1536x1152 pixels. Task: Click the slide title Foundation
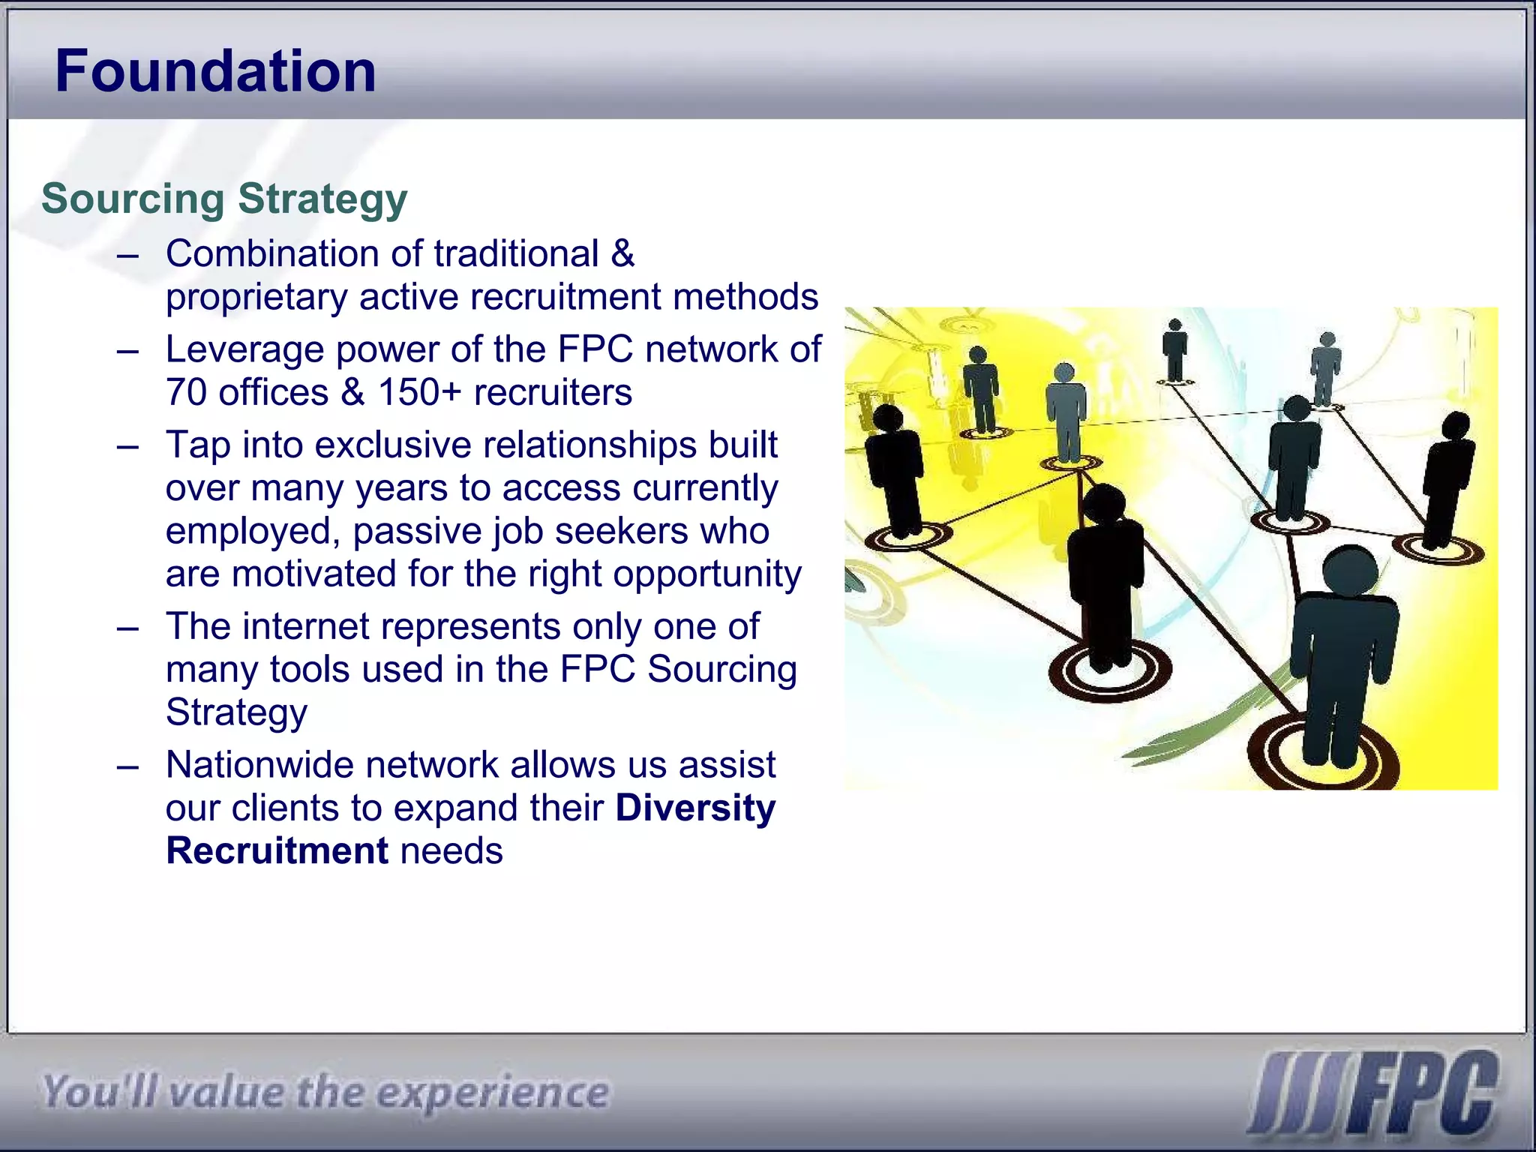tap(215, 71)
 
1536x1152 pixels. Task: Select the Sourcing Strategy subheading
tap(224, 199)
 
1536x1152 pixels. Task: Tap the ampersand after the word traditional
tap(622, 254)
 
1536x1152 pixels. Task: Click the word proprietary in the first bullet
tap(256, 298)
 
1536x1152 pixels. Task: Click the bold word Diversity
tap(695, 808)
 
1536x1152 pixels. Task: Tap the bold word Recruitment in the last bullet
tap(277, 851)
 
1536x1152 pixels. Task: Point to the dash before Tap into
tap(128, 446)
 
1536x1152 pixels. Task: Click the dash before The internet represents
tap(128, 628)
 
